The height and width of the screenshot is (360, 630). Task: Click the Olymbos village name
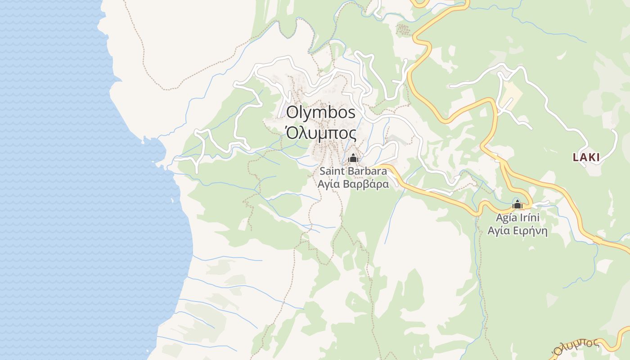coord(321,112)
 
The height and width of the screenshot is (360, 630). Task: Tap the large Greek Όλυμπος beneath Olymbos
coord(321,134)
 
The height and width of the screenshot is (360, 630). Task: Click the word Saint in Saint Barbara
coord(332,171)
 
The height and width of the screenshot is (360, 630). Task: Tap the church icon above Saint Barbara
coord(353,158)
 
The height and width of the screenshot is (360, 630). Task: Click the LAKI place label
coord(586,157)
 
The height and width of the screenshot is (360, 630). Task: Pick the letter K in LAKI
coord(591,157)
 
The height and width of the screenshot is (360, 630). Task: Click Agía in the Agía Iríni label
coord(506,218)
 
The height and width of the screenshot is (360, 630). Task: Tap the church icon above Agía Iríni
coord(517,205)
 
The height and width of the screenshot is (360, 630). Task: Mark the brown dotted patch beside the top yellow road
coord(403,30)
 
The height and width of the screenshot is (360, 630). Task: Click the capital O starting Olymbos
coord(292,112)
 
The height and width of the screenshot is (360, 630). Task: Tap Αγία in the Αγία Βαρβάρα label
coord(329,184)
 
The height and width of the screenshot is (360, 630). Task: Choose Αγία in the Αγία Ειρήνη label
coord(499,231)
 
